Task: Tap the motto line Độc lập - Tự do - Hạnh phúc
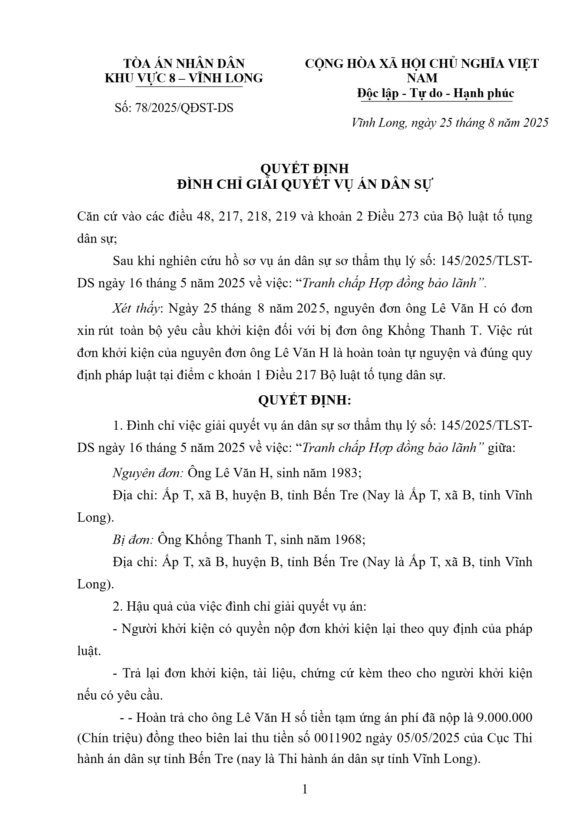point(435,93)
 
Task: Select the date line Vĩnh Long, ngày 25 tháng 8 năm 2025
point(450,123)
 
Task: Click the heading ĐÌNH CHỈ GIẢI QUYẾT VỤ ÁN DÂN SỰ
point(304,185)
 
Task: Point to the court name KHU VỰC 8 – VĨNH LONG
point(184,78)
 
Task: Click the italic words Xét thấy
point(137,308)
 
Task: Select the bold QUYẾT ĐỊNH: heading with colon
point(304,401)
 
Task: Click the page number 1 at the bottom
point(305,789)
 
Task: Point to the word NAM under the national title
point(422,78)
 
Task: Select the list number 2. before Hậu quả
point(118,607)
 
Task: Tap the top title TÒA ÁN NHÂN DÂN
point(184,63)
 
